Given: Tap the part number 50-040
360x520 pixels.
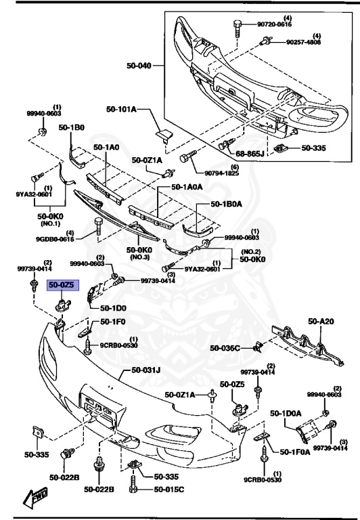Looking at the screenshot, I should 139,66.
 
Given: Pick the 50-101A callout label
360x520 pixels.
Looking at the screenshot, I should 121,108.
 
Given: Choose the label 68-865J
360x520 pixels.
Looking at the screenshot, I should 251,154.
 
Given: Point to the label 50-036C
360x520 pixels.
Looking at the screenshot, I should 225,348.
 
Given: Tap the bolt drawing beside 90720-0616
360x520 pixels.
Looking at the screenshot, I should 238,26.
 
